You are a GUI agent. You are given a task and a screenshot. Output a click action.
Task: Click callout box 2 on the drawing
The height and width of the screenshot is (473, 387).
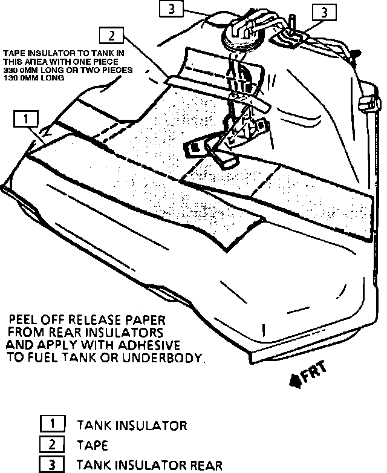point(112,36)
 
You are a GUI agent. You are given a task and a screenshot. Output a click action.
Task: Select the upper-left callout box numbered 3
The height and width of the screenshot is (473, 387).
point(172,8)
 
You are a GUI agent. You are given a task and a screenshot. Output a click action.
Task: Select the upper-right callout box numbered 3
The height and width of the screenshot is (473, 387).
point(324,12)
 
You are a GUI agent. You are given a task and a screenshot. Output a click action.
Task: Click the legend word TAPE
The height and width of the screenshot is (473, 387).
point(93,446)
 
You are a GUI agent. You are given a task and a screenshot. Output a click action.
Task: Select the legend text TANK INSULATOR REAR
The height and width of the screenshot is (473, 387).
point(149,466)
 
